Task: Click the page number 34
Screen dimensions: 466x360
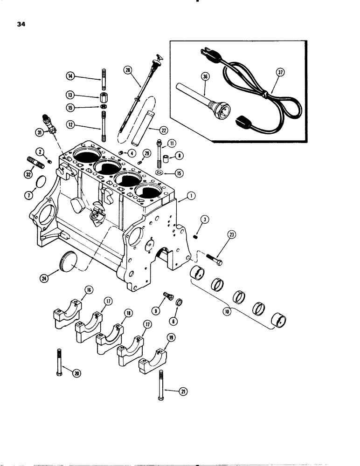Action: pos(21,25)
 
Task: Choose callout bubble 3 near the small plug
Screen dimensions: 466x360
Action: pos(204,219)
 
